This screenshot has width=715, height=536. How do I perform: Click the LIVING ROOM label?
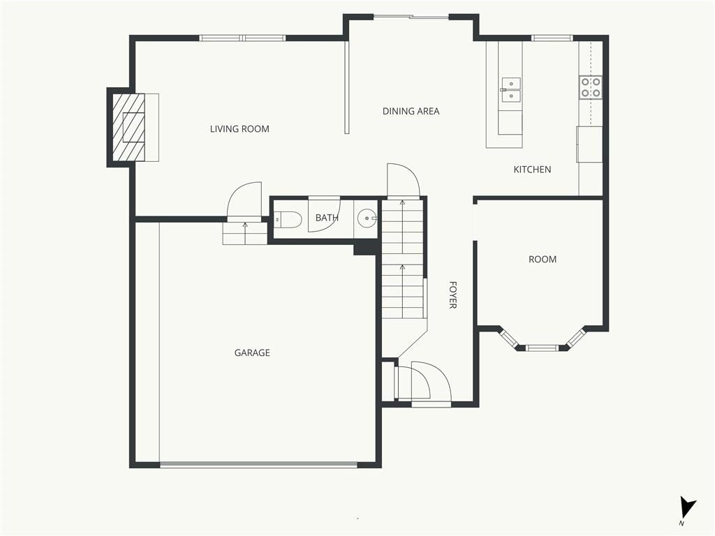pos(239,129)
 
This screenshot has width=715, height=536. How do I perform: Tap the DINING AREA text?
pos(411,111)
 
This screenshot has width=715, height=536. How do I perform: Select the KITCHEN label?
pos(532,170)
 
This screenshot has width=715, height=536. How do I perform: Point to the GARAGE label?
pos(252,352)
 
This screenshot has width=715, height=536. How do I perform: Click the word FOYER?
pos(452,295)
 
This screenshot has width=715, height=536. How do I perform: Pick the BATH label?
pos(327,218)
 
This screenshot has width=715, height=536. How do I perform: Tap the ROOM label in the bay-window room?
pos(542,260)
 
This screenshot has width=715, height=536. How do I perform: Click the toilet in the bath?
pos(288,220)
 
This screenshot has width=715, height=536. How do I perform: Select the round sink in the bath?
pos(367,218)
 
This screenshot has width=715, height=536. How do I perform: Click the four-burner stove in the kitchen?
pos(591,88)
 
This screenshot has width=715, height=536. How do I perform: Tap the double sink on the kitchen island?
pos(510,90)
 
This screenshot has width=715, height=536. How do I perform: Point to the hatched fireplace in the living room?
pos(128,127)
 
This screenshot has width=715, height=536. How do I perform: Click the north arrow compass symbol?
pos(687,508)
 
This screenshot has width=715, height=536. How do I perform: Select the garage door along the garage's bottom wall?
pos(258,464)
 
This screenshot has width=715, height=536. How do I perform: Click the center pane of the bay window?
pos(542,348)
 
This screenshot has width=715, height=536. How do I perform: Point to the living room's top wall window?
pos(242,38)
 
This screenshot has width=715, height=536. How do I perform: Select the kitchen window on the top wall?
pos(552,38)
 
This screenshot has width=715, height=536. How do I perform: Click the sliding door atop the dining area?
pos(411,17)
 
